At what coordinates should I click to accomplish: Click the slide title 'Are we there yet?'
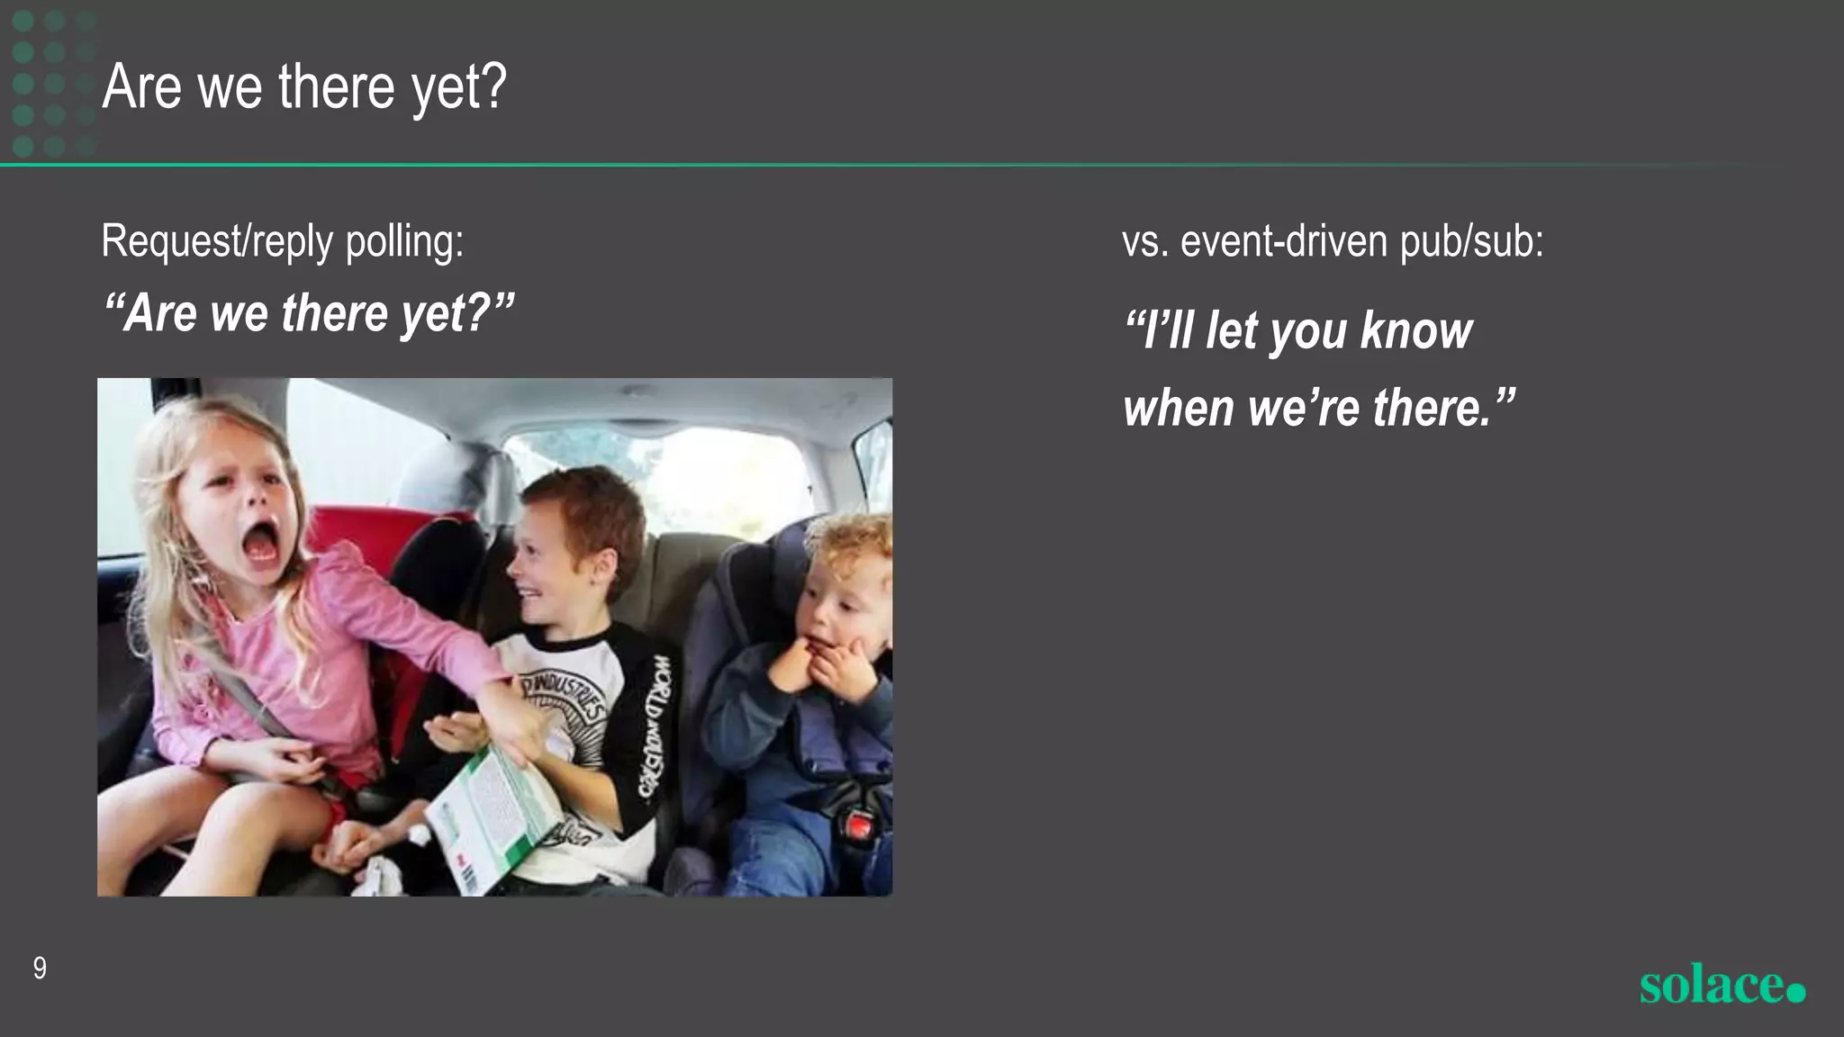coord(304,87)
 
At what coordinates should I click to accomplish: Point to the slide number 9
coord(40,969)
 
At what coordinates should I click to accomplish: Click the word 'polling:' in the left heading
coord(404,241)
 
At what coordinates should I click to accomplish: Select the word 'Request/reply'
coord(217,241)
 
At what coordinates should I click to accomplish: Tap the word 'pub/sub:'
coord(1472,241)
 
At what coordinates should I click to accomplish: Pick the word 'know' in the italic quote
coord(1416,330)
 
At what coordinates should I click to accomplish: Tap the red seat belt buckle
coord(861,823)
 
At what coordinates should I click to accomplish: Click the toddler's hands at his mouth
coord(824,666)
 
